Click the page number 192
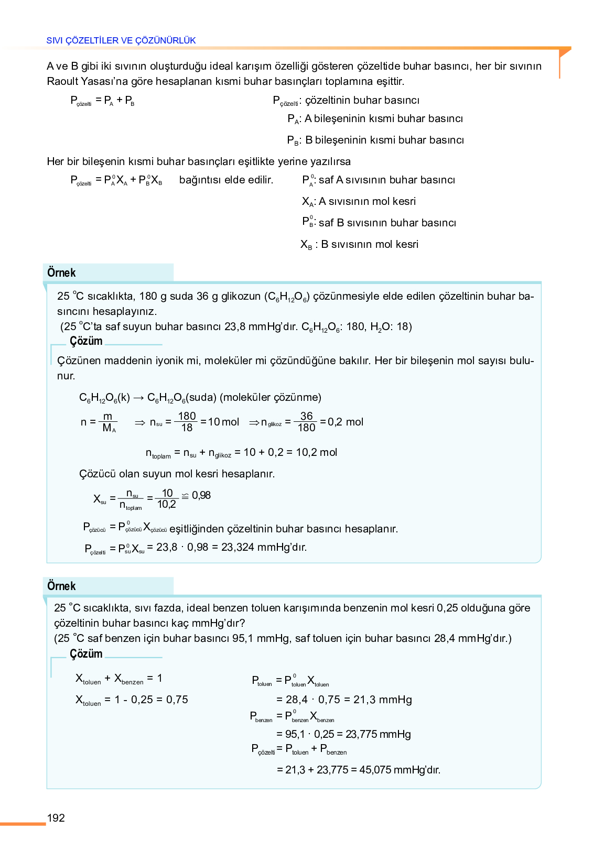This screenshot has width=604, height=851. (x=56, y=818)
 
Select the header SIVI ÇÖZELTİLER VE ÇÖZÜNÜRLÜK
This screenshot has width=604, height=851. (x=121, y=40)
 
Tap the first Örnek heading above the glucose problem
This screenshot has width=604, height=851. (x=61, y=273)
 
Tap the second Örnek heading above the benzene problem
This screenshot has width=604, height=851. (x=61, y=586)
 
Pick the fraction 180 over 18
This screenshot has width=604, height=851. (x=187, y=422)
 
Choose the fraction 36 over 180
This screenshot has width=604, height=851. (x=306, y=422)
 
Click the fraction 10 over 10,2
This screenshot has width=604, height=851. (x=167, y=499)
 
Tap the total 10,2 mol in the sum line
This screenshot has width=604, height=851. (x=316, y=452)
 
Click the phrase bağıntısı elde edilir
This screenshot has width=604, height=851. (x=226, y=180)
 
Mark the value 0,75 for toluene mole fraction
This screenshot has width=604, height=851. (x=177, y=700)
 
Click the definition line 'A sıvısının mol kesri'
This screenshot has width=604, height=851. (x=367, y=201)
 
